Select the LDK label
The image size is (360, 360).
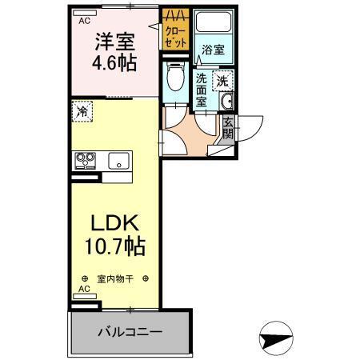112,222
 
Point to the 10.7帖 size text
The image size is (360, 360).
113,247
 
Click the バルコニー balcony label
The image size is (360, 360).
130,330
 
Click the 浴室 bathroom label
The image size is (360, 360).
213,50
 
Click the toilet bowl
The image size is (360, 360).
176,78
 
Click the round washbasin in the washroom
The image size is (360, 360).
226,102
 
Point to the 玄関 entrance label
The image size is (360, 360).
228,128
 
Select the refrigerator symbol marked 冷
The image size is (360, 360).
82,112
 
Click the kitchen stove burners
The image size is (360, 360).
85,161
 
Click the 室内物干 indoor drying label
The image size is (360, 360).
115,279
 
